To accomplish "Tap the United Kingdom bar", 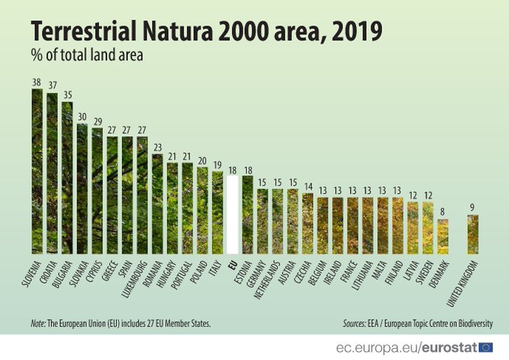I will coord(473,234).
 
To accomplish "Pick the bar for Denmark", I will coord(443,236).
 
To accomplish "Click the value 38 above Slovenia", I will coord(37,83).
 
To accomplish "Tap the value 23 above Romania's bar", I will coord(157,148).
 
